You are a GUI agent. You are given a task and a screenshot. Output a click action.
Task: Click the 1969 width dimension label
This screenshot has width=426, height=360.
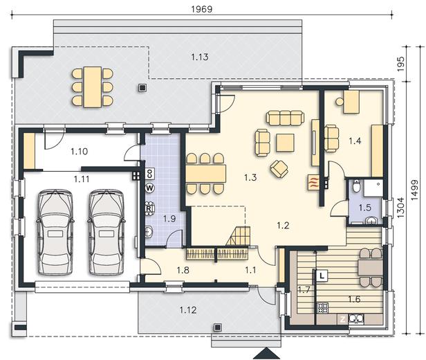point(202,9)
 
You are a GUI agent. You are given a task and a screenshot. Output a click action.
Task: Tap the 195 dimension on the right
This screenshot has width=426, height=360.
point(400,64)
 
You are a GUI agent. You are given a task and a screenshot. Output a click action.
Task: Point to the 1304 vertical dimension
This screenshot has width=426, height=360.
point(400,208)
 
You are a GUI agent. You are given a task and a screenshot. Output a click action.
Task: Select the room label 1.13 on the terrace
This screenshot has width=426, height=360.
point(200,57)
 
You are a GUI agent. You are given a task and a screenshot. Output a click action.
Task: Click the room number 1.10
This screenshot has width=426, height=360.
point(80,151)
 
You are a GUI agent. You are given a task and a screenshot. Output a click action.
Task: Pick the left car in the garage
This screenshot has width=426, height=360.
point(55,232)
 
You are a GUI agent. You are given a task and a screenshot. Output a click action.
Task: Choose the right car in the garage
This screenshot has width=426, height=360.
point(106,232)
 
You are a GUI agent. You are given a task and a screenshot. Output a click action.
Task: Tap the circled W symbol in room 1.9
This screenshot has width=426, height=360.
point(149,188)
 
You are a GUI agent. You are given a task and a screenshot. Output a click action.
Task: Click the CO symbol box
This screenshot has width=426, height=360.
point(149,174)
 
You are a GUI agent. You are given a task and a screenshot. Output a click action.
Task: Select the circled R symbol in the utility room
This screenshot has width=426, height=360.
point(149,208)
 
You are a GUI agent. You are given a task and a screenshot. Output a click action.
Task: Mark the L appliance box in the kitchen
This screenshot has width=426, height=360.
point(322,276)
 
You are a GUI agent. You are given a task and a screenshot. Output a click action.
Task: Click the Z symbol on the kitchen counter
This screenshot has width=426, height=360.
point(342,319)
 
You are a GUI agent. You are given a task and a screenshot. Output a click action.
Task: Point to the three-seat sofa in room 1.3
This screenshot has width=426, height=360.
point(285,118)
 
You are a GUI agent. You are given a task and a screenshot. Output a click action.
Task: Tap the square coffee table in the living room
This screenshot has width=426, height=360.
point(285,143)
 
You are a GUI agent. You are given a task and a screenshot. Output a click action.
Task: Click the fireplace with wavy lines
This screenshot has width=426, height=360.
point(313,182)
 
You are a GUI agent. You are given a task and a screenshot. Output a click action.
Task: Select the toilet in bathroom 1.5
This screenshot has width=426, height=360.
point(356,186)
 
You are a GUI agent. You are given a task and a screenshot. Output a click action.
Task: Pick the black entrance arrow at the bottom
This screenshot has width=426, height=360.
point(267,354)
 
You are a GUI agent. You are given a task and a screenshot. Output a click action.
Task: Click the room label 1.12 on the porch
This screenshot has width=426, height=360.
point(188,310)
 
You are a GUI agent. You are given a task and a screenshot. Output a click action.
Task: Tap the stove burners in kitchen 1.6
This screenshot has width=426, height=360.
point(323,308)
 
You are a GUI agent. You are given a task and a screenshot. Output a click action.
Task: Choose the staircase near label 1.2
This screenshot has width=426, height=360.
point(239,236)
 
